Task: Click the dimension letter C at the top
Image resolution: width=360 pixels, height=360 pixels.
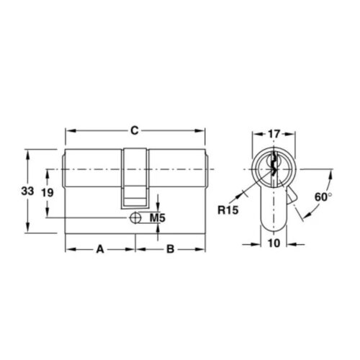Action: (x=134, y=130)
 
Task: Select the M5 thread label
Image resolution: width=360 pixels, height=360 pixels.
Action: (x=158, y=218)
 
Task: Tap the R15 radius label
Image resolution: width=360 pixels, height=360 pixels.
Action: (x=228, y=210)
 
